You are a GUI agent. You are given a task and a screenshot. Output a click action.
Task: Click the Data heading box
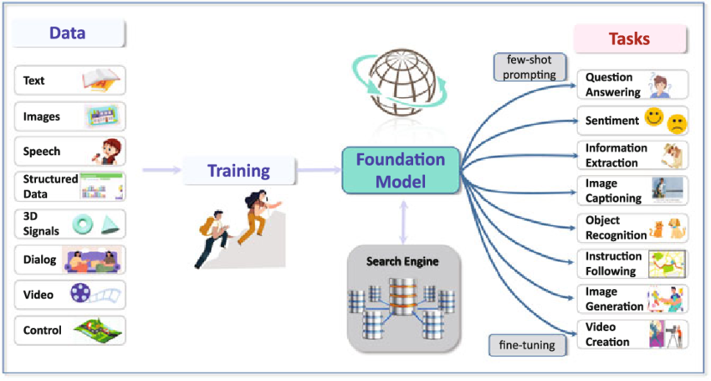tap(69, 34)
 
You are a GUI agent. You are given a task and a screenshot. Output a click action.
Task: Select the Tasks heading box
tap(629, 39)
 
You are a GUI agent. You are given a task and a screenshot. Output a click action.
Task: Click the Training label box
tap(238, 172)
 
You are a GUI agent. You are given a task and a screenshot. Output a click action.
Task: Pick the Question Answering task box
tap(632, 85)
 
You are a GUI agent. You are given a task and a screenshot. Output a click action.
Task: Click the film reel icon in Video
tap(80, 294)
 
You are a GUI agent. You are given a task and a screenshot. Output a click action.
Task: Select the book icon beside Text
tap(102, 80)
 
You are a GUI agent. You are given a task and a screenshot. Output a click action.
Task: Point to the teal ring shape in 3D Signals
tap(85, 224)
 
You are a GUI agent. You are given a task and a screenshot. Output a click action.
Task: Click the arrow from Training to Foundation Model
tap(319, 171)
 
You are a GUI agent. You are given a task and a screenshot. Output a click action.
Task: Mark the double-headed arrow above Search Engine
tap(403, 222)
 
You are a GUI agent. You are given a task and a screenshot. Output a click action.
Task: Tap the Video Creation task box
tap(632, 333)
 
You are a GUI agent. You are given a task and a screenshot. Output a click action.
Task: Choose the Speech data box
tap(69, 152)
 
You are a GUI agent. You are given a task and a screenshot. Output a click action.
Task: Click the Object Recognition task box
tap(632, 227)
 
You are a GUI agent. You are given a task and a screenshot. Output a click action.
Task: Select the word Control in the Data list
tap(43, 330)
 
